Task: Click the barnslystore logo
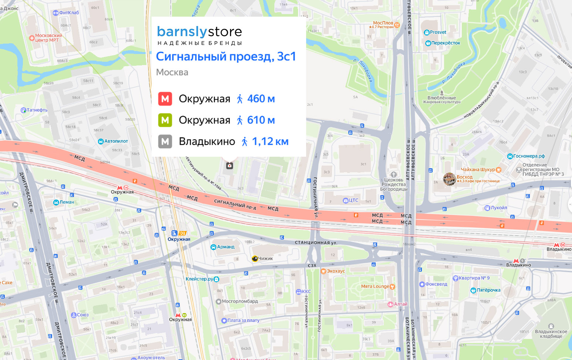pyautogui.click(x=199, y=35)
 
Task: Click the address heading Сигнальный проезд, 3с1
pyautogui.click(x=226, y=57)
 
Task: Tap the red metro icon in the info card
pyautogui.click(x=165, y=99)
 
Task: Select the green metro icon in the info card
pyautogui.click(x=165, y=120)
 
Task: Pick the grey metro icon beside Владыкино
pyautogui.click(x=165, y=142)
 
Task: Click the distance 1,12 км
pyautogui.click(x=270, y=142)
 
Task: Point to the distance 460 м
pyautogui.click(x=261, y=99)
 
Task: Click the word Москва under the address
pyautogui.click(x=172, y=72)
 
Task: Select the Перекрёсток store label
pyautogui.click(x=445, y=43)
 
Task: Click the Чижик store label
pyautogui.click(x=265, y=259)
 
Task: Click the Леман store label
pyautogui.click(x=66, y=202)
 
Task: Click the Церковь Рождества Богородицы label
pyautogui.click(x=394, y=184)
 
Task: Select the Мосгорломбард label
pyautogui.click(x=239, y=301)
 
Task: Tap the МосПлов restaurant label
pyautogui.click(x=383, y=23)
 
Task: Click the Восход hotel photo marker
pyautogui.click(x=449, y=179)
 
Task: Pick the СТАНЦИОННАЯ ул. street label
pyautogui.click(x=316, y=243)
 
